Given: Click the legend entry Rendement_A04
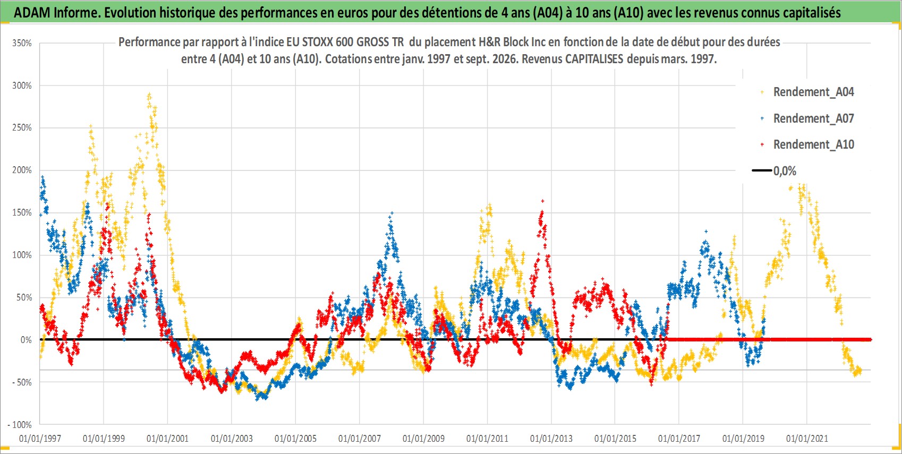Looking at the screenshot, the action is (807, 92).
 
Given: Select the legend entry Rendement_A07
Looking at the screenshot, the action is (807, 119).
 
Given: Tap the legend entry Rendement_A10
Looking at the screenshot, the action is (807, 144).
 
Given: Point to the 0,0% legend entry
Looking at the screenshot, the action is (774, 171).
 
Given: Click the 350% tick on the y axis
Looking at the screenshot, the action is (22, 43).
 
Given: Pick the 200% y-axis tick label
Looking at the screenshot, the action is (22, 170).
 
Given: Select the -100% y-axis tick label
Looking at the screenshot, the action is (19, 425).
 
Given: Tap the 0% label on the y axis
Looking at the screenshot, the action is (26, 340).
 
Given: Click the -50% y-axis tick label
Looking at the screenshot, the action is (21, 382).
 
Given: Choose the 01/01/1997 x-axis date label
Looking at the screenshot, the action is (40, 439).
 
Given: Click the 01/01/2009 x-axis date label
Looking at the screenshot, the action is (423, 439).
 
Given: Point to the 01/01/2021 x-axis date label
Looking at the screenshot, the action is (807, 439).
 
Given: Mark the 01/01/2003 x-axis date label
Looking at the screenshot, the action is (232, 439).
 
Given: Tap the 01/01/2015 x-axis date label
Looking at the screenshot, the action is (615, 439).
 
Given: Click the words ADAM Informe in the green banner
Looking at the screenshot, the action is (56, 13).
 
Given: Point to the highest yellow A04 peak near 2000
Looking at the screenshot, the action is (149, 96).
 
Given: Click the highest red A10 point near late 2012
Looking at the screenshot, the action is (543, 201).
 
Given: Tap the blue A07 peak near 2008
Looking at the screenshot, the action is (392, 213).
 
